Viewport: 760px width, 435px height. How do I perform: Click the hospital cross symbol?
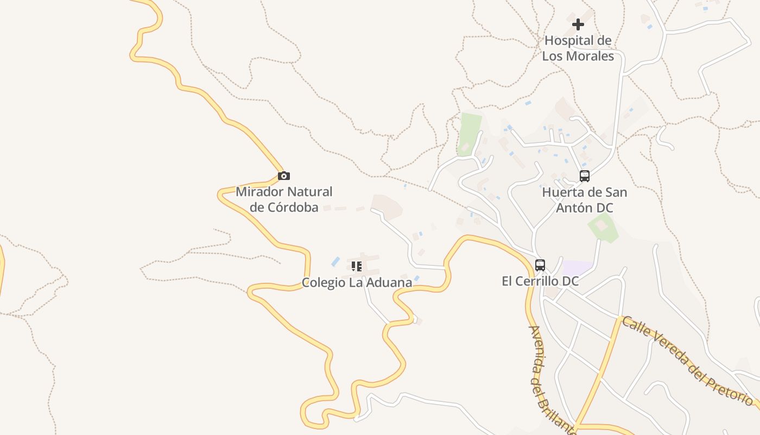pos(578,24)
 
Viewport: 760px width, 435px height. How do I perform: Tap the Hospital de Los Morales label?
pos(578,48)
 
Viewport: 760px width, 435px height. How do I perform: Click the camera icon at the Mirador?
pos(283,176)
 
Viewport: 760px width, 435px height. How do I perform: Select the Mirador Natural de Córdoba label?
pos(284,200)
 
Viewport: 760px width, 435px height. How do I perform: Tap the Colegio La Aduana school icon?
pos(356,266)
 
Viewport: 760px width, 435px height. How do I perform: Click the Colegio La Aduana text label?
pos(357,282)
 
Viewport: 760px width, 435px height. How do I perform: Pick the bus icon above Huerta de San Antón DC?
pos(584,176)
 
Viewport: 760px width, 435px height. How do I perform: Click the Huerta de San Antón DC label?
pos(585,200)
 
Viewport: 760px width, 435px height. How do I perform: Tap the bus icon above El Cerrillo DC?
pos(540,265)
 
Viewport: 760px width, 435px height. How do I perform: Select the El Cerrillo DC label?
pos(540,281)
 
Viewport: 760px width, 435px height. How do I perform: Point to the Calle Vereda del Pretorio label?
pos(687,361)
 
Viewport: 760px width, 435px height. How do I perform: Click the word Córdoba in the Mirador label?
pos(293,207)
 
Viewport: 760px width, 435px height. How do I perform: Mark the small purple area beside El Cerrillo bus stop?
pos(577,268)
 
